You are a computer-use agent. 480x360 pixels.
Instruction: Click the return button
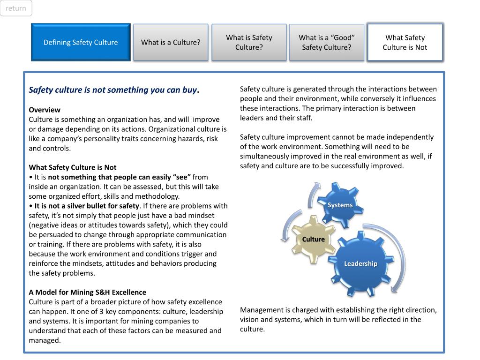point(16,8)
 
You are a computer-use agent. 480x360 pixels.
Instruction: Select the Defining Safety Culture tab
point(81,42)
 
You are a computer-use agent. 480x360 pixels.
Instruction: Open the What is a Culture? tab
point(171,42)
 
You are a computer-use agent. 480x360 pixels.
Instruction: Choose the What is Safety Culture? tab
point(249,42)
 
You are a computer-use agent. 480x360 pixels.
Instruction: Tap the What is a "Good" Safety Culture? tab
point(327,42)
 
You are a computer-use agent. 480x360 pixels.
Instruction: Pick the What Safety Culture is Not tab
point(405,42)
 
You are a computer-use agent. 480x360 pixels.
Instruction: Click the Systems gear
point(340,205)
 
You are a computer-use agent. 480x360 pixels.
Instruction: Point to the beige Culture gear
point(313,239)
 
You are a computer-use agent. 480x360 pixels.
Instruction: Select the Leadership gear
point(360,263)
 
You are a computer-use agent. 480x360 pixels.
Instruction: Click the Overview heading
point(45,110)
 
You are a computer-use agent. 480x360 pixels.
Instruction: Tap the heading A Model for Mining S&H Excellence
point(88,292)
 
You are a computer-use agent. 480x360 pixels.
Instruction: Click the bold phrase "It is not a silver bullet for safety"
point(87,206)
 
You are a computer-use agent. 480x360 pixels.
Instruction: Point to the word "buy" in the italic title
point(189,90)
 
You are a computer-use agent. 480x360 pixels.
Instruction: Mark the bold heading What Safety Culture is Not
point(73,167)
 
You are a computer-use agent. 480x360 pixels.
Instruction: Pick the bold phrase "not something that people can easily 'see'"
point(119,177)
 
